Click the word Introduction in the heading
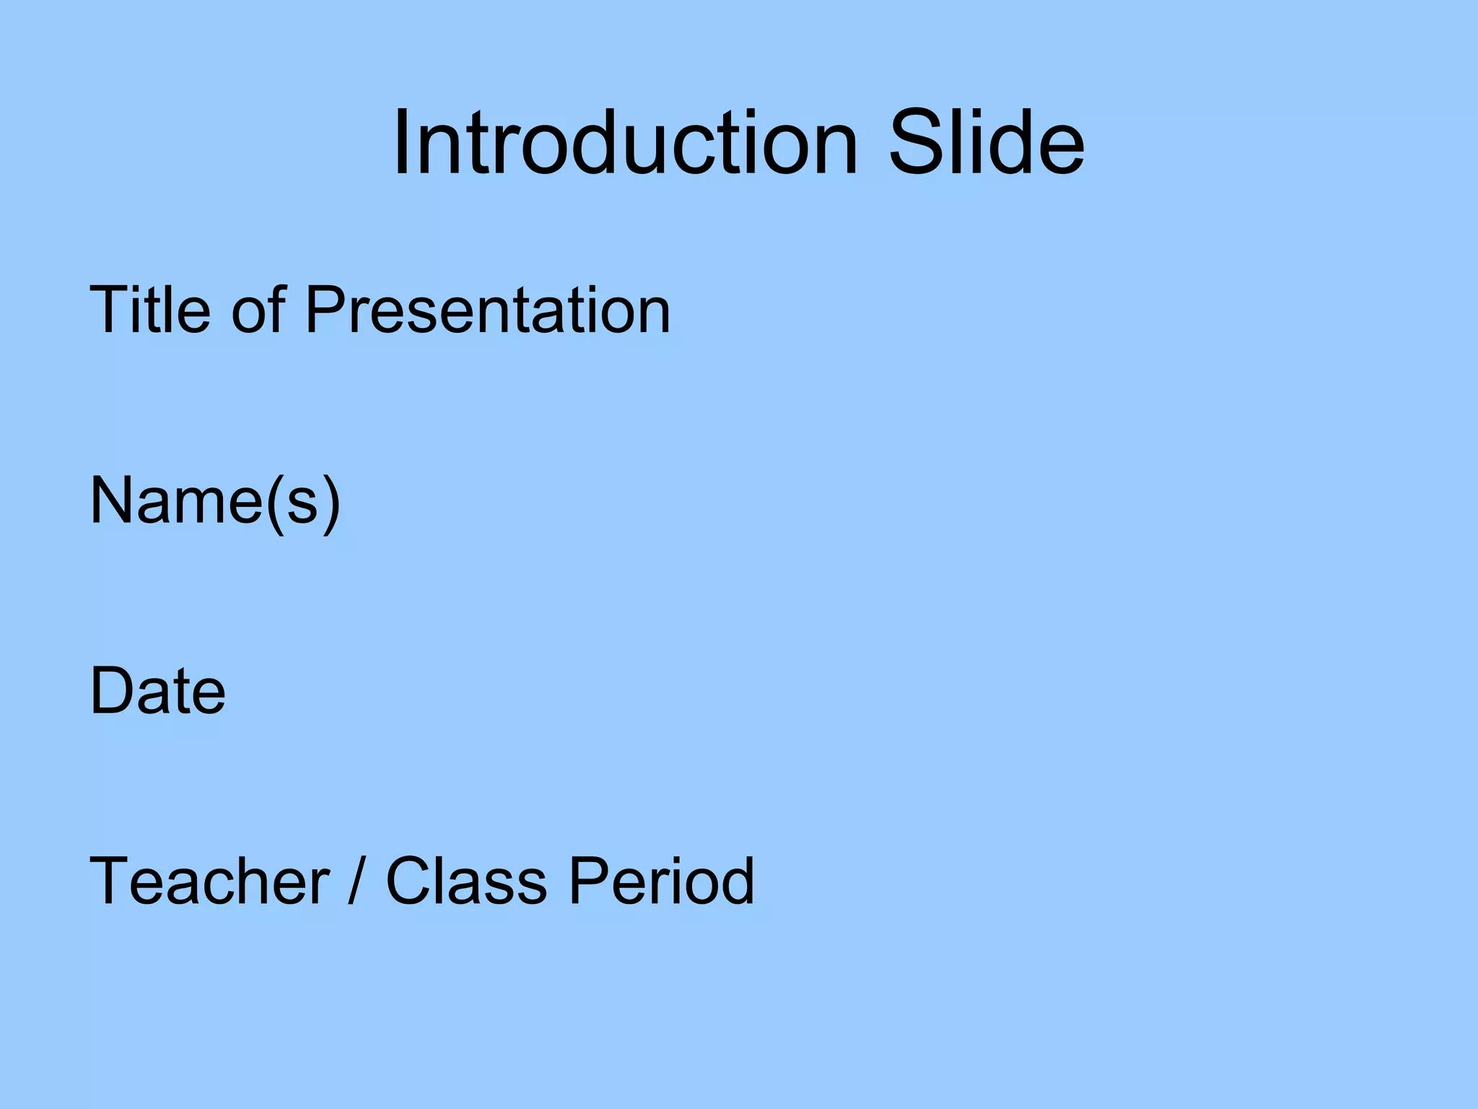[x=625, y=142]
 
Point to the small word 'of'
[x=258, y=310]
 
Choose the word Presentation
[x=488, y=310]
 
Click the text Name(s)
[x=214, y=501]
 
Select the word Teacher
[x=209, y=881]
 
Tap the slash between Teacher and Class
[x=354, y=881]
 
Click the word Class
[x=466, y=881]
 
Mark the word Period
[x=661, y=881]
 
